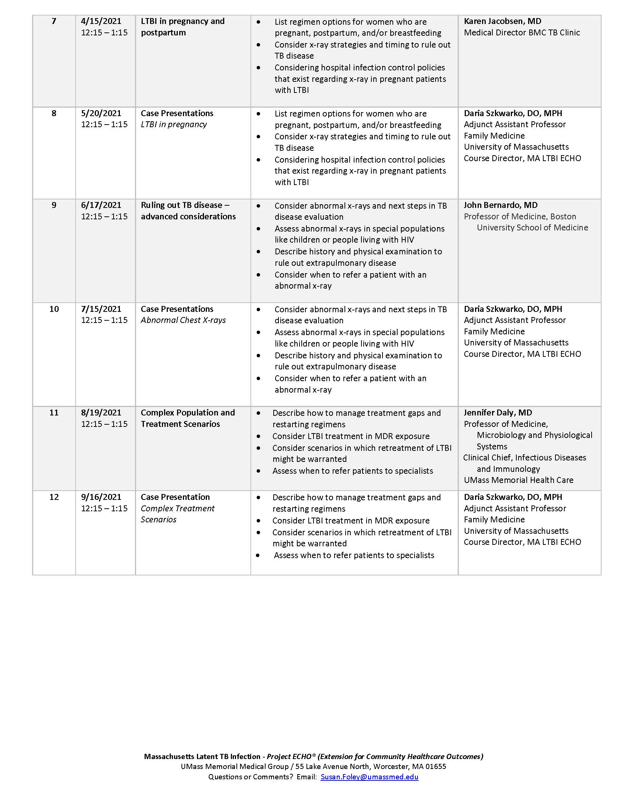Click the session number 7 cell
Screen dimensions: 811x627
coord(54,21)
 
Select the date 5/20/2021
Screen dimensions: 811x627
coord(101,113)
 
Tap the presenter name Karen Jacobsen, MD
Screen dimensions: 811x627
coord(502,21)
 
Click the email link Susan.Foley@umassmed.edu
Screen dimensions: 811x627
coord(369,777)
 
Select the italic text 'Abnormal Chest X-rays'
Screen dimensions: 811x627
coord(183,320)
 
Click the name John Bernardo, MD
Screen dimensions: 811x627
coord(500,205)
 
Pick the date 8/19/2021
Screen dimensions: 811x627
coord(101,413)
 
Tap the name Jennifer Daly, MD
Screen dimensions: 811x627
coord(498,413)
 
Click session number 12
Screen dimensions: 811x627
coord(54,497)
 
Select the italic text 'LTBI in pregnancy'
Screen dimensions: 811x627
coord(173,124)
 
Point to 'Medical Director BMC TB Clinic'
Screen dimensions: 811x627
coord(522,33)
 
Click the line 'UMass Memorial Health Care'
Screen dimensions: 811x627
coord(518,480)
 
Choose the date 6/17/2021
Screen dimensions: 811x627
coord(101,205)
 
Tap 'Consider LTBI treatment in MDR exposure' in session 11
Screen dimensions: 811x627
coord(351,436)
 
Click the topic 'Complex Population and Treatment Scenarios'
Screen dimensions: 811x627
coord(188,418)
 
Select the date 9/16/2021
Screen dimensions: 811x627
coord(101,497)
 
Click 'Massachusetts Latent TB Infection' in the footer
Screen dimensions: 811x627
coord(202,756)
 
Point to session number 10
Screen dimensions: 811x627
coord(54,309)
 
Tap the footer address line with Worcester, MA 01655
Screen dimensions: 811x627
coord(313,766)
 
